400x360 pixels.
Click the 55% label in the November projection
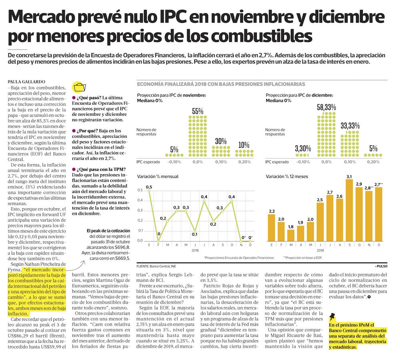point(198,111)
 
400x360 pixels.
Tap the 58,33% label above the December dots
point(326,107)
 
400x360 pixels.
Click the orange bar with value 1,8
point(291,235)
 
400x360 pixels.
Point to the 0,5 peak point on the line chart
point(149,191)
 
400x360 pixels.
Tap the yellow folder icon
point(80,88)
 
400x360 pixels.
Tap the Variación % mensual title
point(158,177)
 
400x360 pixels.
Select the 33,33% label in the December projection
point(350,126)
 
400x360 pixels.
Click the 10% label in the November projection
point(244,145)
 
